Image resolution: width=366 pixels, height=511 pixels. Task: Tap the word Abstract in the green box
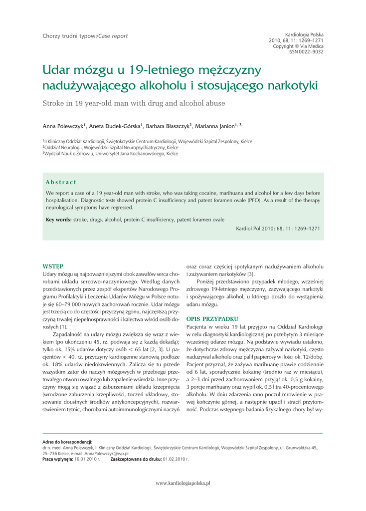coord(61,182)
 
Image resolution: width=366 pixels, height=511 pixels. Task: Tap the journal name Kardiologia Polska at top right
coord(304,34)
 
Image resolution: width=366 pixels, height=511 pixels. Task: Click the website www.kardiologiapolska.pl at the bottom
coord(183,483)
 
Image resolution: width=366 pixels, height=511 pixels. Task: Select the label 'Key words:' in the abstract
coord(59,220)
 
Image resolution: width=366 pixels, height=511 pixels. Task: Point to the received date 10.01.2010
coord(87,458)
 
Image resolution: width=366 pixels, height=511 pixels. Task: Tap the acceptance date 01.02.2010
coord(176,458)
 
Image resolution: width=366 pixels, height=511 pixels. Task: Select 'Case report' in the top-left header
coord(113,36)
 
